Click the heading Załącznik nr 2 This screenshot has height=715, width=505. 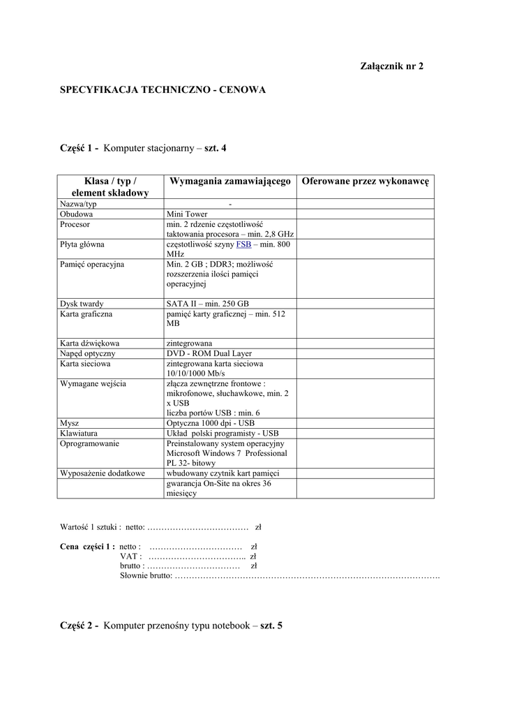pos(391,66)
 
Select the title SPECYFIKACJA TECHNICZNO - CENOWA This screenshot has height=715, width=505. pos(163,90)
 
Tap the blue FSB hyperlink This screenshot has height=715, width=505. pos(243,245)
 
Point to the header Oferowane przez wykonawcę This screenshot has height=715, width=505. pos(365,181)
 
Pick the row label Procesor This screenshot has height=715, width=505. pos(75,225)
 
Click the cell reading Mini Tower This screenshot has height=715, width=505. pos(187,214)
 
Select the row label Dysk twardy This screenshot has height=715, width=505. pos(82,304)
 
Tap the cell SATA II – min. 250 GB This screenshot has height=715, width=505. pos(207,304)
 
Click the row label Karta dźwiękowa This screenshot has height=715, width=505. pos(89,344)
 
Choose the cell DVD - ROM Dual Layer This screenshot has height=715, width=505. pos(209,354)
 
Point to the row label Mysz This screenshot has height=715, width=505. pos(69,423)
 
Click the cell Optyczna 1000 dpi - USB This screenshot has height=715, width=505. pos(211,423)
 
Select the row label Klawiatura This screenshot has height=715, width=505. pos(78,433)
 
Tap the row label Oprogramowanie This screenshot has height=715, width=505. pos(89,443)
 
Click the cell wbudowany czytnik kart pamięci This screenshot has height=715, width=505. pos(223,473)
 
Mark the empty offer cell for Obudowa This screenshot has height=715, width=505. pos(365,214)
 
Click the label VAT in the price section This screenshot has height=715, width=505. pos(131,556)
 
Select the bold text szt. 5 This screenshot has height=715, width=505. pos(271,626)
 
